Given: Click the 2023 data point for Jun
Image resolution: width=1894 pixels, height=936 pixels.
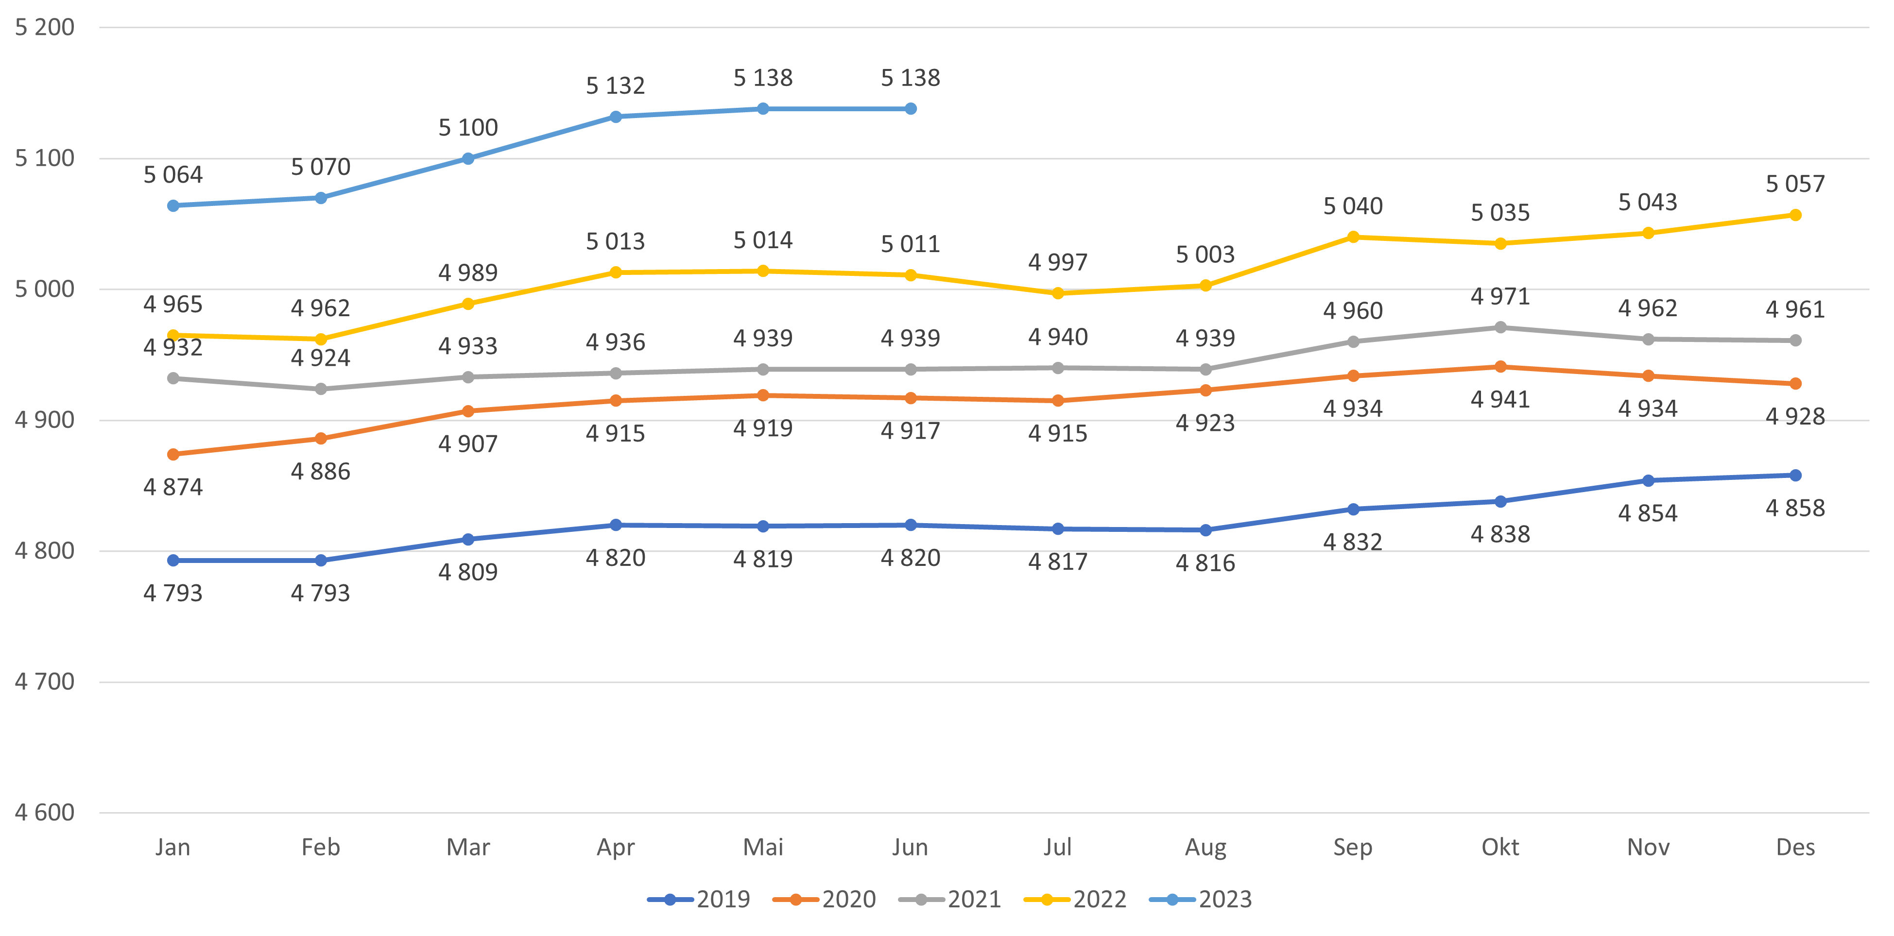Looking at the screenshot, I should (x=910, y=109).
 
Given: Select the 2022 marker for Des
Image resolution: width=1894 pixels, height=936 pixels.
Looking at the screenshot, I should (x=1795, y=215).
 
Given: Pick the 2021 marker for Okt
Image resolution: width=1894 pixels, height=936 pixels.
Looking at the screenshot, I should (x=1500, y=327).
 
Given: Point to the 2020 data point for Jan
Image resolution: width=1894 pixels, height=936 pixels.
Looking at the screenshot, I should (x=173, y=454).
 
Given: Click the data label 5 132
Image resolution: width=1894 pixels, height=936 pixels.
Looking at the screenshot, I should (x=616, y=86).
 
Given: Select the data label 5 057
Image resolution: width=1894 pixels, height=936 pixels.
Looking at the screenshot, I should (x=1795, y=184).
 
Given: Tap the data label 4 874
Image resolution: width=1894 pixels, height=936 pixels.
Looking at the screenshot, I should (x=173, y=487).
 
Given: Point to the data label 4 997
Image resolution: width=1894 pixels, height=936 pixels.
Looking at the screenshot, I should (x=1057, y=262).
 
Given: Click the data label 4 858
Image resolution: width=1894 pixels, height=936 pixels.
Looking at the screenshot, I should (x=1795, y=508).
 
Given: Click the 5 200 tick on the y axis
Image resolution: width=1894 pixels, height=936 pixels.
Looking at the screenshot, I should (x=45, y=27).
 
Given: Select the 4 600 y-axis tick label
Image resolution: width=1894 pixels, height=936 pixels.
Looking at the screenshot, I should (x=45, y=813).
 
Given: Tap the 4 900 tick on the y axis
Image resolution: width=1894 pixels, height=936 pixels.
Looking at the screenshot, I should (x=45, y=420).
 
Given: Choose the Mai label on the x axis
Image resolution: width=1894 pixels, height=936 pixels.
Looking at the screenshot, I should (x=763, y=847).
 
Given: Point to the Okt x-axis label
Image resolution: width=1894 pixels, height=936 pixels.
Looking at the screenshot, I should (x=1500, y=847).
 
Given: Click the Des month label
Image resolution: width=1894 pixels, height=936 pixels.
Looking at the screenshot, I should (x=1795, y=847).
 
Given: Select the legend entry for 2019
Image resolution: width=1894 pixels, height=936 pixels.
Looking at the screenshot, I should (x=700, y=899).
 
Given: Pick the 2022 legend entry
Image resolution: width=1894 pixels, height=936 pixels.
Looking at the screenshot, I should (x=1076, y=899).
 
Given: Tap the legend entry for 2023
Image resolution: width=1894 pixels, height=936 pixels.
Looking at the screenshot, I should (x=1202, y=899).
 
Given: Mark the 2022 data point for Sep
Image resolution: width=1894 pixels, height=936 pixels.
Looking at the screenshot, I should (x=1353, y=237).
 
